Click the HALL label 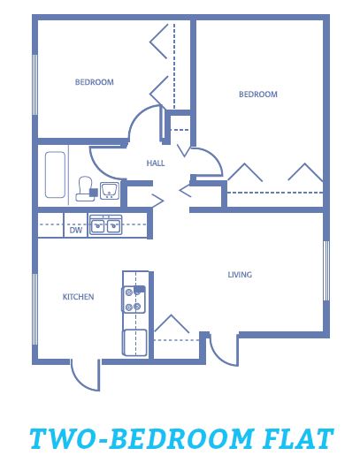[156, 163]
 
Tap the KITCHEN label [79, 297]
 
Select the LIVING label [240, 275]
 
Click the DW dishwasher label [76, 230]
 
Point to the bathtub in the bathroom [55, 175]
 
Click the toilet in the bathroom [86, 189]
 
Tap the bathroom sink [110, 191]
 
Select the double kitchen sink [105, 225]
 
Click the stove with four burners [134, 300]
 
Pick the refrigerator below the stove [134, 343]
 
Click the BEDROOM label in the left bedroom [95, 82]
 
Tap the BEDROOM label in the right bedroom [258, 95]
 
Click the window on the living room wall [326, 270]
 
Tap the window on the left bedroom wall [34, 85]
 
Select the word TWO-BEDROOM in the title [142, 438]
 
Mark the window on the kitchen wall [34, 309]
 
